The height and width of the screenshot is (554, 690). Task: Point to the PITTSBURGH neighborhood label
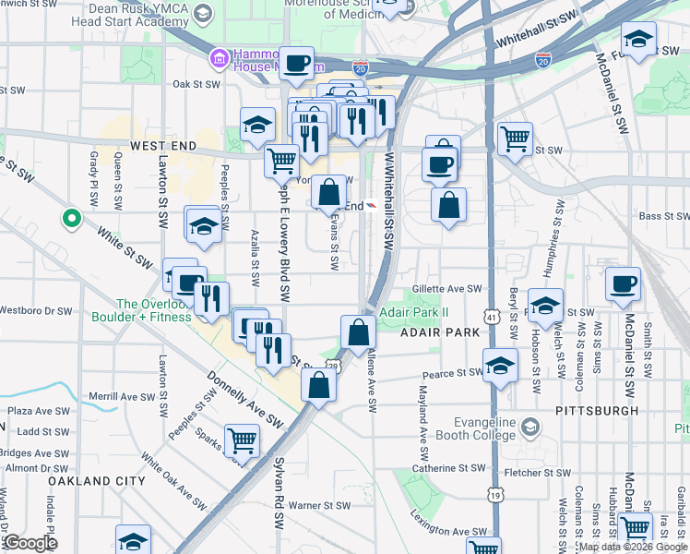pos(597,410)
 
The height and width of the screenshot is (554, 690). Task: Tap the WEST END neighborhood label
pos(163,146)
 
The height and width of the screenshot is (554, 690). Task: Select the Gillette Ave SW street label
pos(447,289)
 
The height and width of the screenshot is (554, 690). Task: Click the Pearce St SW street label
pos(453,374)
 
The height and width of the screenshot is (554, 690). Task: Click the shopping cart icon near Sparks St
pos(242,440)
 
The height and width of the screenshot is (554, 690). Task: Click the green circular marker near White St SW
pos(70,219)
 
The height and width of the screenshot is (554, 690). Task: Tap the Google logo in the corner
pos(30,543)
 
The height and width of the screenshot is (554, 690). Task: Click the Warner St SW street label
pos(319,505)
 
